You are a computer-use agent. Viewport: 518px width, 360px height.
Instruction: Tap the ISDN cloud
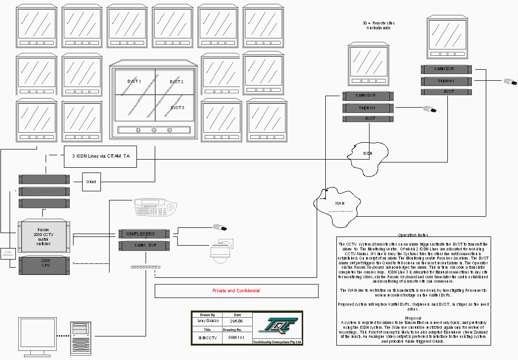pyautogui.click(x=368, y=155)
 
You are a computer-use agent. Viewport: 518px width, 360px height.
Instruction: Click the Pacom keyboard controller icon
pyautogui.click(x=155, y=207)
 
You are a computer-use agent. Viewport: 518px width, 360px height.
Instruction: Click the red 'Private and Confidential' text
pyautogui.click(x=236, y=291)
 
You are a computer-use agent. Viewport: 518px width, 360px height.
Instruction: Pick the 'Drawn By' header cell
pyautogui.click(x=208, y=314)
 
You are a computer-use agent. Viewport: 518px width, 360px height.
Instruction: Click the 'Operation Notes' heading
pyautogui.click(x=413, y=235)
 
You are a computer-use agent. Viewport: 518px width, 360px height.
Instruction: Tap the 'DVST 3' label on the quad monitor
pyautogui.click(x=177, y=108)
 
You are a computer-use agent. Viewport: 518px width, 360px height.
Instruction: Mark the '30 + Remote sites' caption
pyautogui.click(x=379, y=25)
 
